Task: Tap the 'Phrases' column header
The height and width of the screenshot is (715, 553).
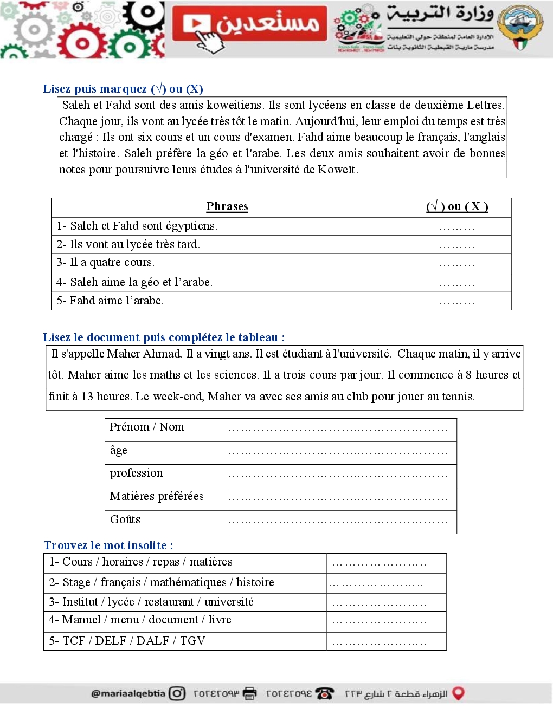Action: click(x=227, y=206)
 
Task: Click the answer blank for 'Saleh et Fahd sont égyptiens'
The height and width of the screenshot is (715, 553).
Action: click(x=456, y=227)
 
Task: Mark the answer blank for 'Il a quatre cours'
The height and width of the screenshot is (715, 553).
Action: click(x=456, y=264)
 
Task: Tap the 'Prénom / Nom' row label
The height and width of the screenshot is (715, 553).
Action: click(x=146, y=427)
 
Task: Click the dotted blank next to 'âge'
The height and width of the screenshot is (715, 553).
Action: click(x=338, y=452)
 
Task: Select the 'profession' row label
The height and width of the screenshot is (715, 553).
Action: click(x=136, y=473)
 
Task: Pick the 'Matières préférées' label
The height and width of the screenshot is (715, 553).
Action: click(x=157, y=496)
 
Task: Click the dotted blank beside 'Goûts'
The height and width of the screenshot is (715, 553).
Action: click(x=338, y=522)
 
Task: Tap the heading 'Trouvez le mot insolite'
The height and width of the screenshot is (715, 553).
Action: click(x=108, y=545)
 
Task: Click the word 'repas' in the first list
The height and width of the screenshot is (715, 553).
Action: click(x=165, y=562)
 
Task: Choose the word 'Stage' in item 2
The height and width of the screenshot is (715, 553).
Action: click(x=76, y=582)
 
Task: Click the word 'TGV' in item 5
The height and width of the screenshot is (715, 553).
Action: click(x=192, y=641)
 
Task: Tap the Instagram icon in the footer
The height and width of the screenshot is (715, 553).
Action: click(x=177, y=693)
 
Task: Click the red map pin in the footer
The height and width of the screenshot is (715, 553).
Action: click(x=458, y=693)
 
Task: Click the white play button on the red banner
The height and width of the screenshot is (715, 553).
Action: click(x=196, y=24)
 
